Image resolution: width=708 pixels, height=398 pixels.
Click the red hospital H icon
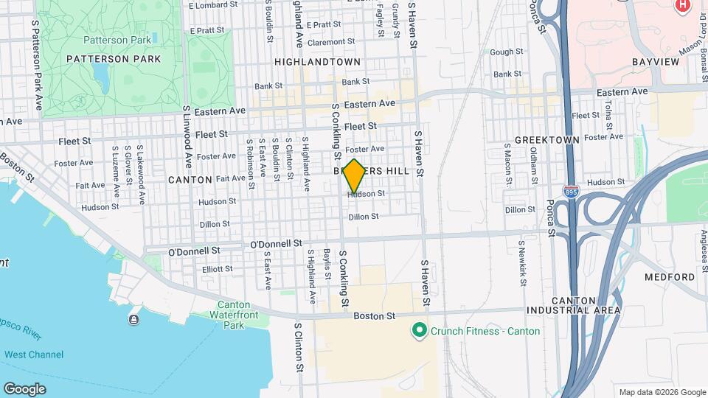pos(682,5)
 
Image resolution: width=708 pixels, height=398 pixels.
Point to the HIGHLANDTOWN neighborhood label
pos(317,63)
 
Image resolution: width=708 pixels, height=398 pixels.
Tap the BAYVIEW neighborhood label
pos(655,62)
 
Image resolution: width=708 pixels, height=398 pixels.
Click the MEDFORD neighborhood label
pos(669,277)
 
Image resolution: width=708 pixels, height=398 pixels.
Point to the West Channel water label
pos(34,355)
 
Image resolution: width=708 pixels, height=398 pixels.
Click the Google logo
pos(24,388)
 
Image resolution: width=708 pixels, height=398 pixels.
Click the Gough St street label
pos(506,52)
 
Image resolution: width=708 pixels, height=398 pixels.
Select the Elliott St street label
pos(218,270)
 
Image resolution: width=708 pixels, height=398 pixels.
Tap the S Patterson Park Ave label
pos(35,66)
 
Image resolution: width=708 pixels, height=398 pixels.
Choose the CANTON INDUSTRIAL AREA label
pos(585,305)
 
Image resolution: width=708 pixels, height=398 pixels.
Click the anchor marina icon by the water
pos(133,319)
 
